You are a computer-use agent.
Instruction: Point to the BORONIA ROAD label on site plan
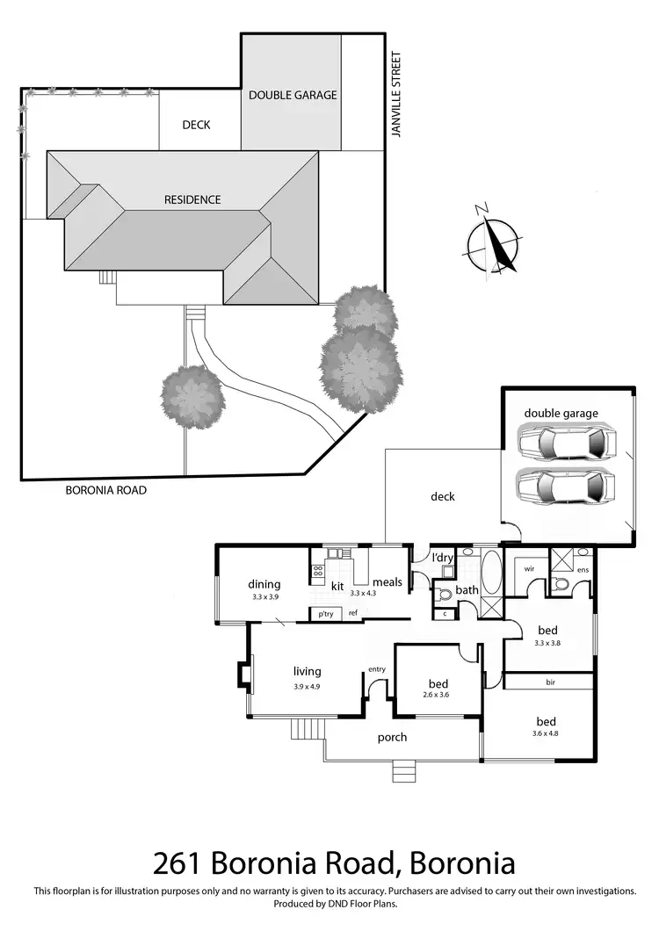coord(105,490)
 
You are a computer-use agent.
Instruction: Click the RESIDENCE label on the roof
coord(192,199)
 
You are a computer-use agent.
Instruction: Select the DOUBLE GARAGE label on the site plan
coord(293,95)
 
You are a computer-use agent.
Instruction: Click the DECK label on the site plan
coord(196,125)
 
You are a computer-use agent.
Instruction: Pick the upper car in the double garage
coord(562,443)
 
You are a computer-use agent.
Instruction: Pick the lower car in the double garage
coord(562,487)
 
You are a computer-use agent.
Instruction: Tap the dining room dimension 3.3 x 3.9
coord(264,597)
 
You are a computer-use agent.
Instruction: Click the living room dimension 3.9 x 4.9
coord(308,686)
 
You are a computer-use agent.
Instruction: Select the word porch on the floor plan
coord(392,737)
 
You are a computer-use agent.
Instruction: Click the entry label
coord(377,670)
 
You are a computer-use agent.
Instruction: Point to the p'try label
coord(325,614)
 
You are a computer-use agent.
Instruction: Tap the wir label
coord(529,569)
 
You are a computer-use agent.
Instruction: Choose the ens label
coord(581,569)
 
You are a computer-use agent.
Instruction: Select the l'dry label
coord(440,558)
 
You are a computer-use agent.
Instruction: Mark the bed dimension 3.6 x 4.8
coord(545,733)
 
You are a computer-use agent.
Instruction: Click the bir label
coord(550,682)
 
